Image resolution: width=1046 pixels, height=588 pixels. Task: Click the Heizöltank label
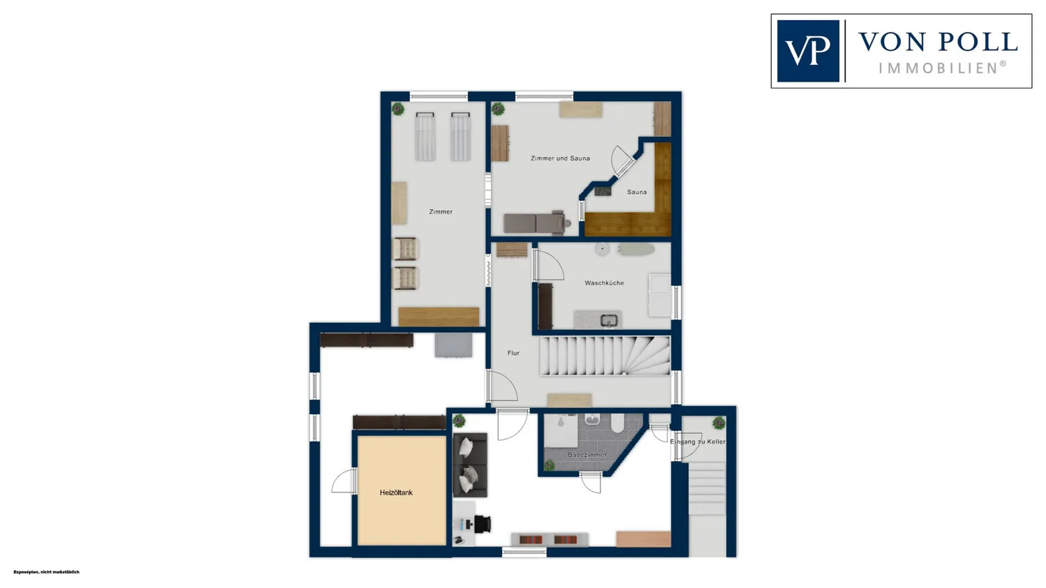[396, 492]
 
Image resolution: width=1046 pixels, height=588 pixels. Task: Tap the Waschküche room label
[605, 282]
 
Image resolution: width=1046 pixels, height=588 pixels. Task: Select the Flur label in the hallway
[513, 353]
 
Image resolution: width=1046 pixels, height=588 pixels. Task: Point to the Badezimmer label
[587, 455]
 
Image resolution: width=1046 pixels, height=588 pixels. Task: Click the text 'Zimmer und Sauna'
[561, 158]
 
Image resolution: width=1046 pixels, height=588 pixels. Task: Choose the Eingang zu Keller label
[697, 442]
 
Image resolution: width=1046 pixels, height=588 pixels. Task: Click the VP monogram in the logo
[808, 51]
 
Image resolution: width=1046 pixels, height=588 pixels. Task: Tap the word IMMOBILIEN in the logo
[939, 68]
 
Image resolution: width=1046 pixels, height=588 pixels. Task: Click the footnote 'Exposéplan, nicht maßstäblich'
[46, 572]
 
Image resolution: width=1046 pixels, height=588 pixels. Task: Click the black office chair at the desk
[483, 524]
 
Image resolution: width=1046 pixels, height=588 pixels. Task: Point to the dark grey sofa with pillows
[470, 465]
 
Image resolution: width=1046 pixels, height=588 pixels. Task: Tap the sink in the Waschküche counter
[609, 320]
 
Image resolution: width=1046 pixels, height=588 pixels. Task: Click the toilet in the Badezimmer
[617, 423]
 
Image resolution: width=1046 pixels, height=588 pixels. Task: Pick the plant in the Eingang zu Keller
[719, 423]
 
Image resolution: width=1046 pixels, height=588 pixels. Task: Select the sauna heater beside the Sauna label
[603, 190]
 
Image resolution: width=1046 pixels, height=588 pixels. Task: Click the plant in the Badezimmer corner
[549, 465]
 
